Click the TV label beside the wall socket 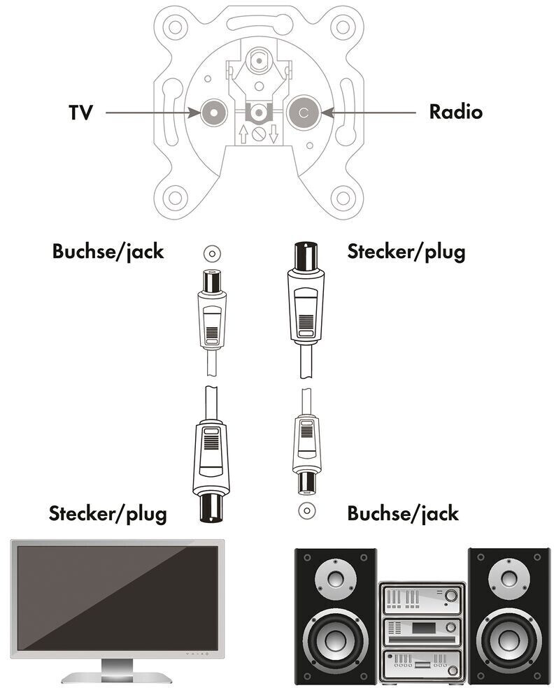click(x=80, y=113)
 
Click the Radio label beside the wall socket click(x=455, y=111)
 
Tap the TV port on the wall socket click(x=211, y=112)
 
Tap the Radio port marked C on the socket click(x=303, y=112)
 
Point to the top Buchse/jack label click(x=108, y=251)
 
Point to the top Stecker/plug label click(x=406, y=251)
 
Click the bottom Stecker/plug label click(x=108, y=515)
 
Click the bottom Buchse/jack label click(x=403, y=515)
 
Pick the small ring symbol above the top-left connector click(x=211, y=252)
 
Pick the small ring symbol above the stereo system click(x=305, y=510)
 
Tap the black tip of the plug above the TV click(x=211, y=508)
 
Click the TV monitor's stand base click(x=116, y=676)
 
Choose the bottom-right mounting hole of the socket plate click(x=343, y=197)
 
